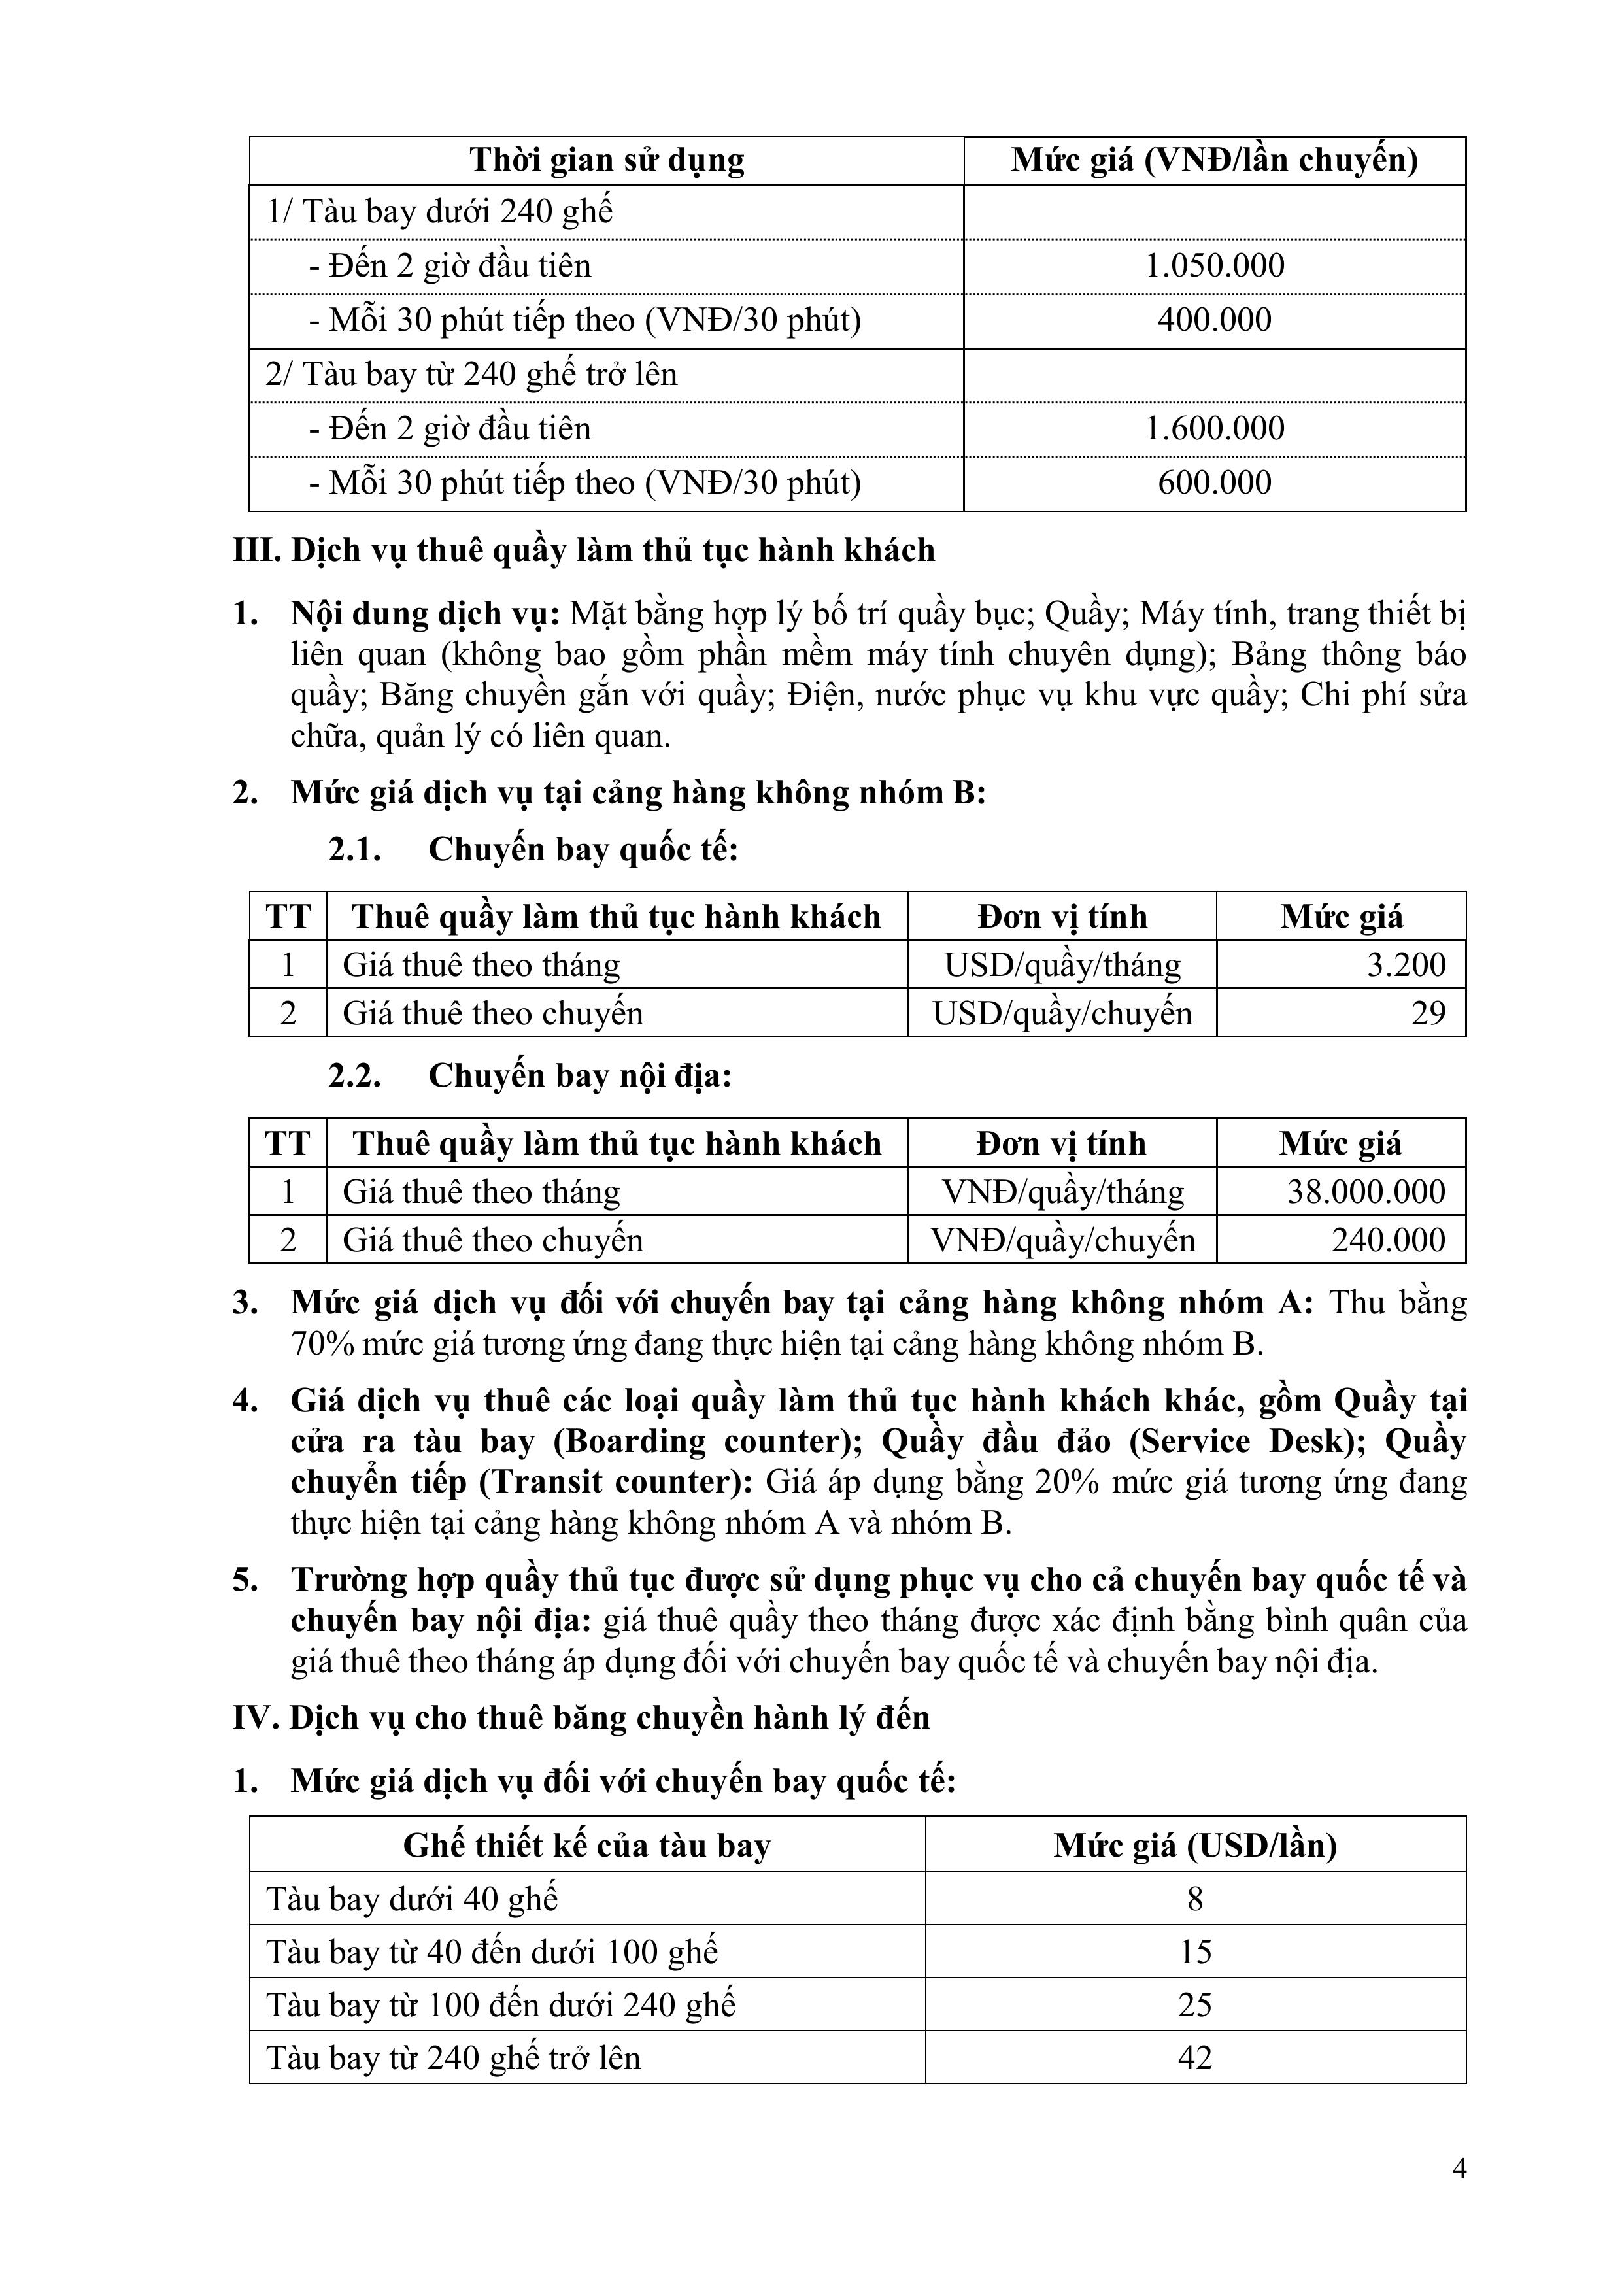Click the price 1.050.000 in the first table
(1214, 266)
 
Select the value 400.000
(1214, 321)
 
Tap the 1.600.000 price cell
(1214, 429)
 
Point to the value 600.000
(1214, 484)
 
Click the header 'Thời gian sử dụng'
(607, 161)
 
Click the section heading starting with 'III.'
(584, 550)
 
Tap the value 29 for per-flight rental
(1428, 1013)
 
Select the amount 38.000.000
(1366, 1192)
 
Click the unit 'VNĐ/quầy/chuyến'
(1062, 1240)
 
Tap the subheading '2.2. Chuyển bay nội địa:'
(530, 1076)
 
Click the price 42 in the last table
(1194, 2058)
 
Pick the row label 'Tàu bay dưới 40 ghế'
(412, 1899)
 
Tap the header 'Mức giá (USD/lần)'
(1194, 1846)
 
